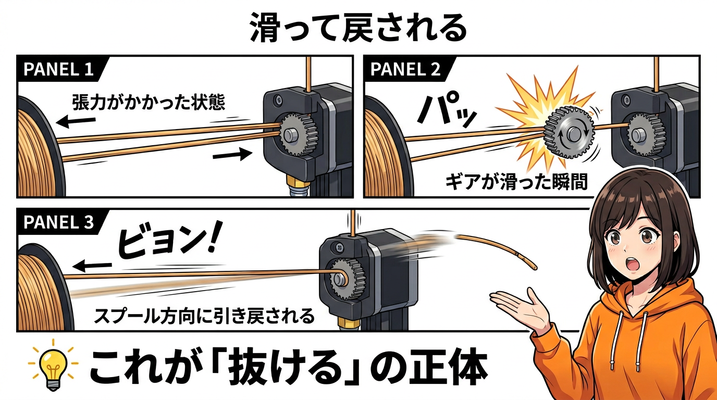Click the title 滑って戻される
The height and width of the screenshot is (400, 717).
pyautogui.click(x=358, y=28)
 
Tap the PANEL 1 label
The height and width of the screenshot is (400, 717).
pyautogui.click(x=58, y=69)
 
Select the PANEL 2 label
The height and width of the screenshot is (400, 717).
pyautogui.click(x=405, y=69)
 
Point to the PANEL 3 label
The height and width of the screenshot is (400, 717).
pyautogui.click(x=58, y=222)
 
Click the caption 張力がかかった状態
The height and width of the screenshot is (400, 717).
pyautogui.click(x=149, y=102)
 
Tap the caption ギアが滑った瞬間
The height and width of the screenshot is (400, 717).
pyautogui.click(x=516, y=182)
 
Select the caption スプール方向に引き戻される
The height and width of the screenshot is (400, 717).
pyautogui.click(x=204, y=316)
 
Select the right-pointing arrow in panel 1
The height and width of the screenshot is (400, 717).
pyautogui.click(x=232, y=154)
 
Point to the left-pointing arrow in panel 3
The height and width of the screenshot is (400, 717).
pyautogui.click(x=92, y=266)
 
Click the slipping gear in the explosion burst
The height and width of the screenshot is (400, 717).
pyautogui.click(x=570, y=133)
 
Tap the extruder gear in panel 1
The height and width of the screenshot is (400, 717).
pyautogui.click(x=299, y=134)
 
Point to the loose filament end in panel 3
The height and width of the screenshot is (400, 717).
pyautogui.click(x=535, y=268)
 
